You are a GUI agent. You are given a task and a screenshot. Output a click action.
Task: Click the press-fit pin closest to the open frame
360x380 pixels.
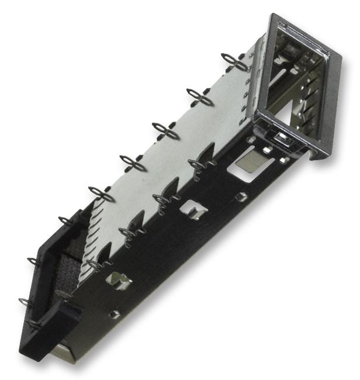coord(236,61)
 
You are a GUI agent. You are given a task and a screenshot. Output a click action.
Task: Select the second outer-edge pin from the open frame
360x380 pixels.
coord(200,96)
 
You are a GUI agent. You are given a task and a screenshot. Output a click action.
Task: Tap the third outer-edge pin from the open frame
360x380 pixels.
coord(166,131)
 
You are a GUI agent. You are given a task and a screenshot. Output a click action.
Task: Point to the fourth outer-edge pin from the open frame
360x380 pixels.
coord(134,163)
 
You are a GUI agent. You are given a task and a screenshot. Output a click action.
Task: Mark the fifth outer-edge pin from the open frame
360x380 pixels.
coord(102,194)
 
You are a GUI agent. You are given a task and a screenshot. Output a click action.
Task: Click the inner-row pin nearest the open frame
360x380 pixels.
coord(201,165)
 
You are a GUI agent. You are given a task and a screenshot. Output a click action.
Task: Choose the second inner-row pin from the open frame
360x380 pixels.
coord(165,199)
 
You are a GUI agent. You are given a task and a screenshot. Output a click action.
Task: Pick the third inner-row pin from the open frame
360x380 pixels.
coord(131,233)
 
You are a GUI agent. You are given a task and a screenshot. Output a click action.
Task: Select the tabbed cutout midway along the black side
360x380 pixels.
coord(192,210)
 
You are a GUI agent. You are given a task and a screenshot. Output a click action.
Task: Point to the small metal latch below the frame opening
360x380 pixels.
coord(280,139)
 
